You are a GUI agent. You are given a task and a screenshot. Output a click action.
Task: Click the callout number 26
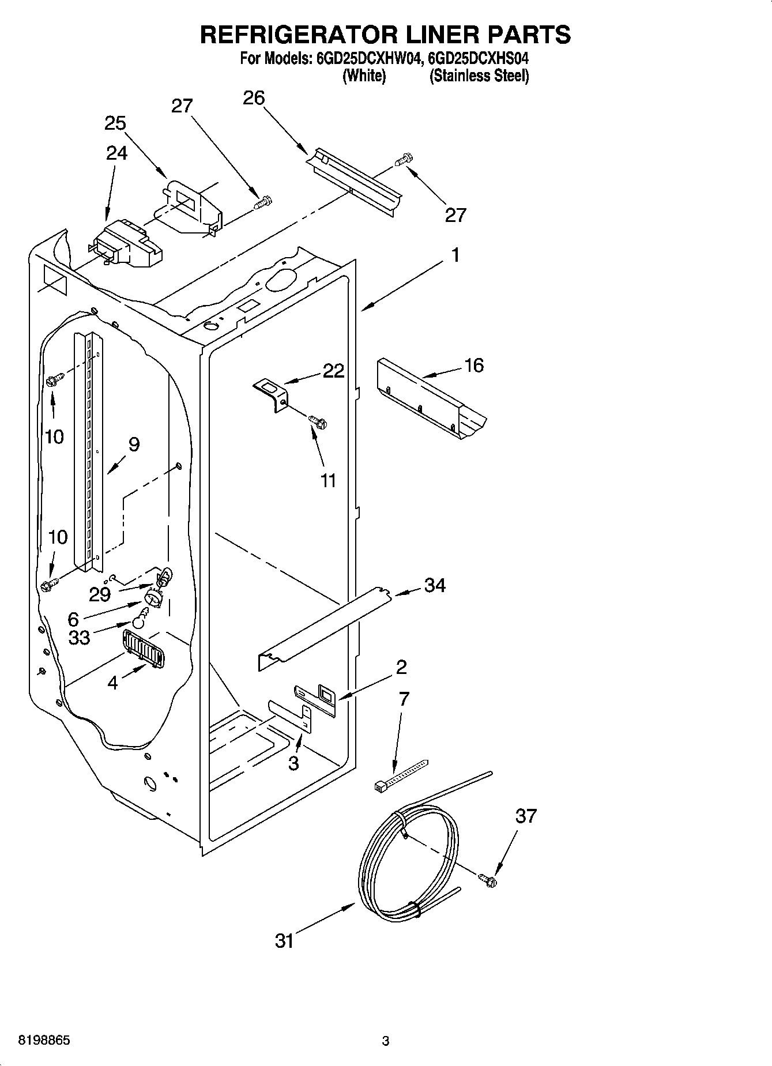click(254, 98)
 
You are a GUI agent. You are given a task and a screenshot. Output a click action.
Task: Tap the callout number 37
click(526, 816)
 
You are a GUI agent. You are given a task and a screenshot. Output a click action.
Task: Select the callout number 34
click(435, 585)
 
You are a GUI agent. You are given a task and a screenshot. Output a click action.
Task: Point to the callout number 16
click(474, 365)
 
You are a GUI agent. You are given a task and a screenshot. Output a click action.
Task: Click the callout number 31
click(284, 941)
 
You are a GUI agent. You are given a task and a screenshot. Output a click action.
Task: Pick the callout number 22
click(333, 371)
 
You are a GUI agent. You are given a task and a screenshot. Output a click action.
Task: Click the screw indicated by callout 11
click(318, 423)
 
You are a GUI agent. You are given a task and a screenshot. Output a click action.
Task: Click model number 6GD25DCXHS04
click(479, 58)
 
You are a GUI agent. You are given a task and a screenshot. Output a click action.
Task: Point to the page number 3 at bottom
click(386, 1041)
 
